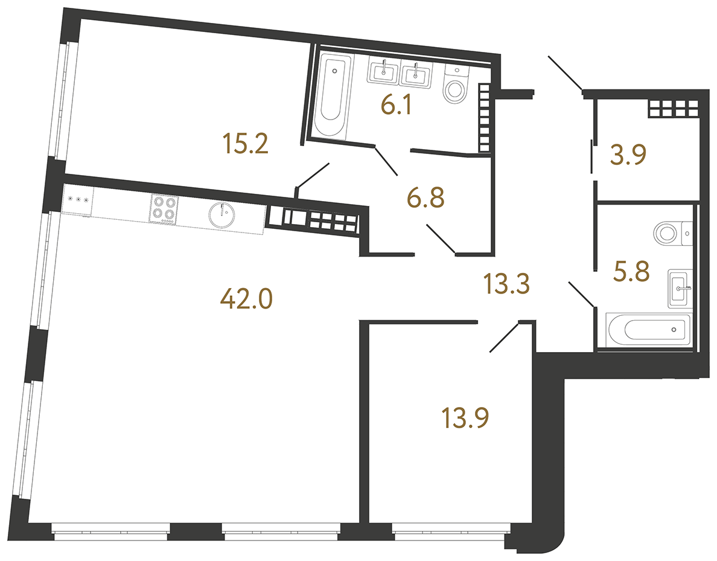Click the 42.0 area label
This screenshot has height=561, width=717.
[247, 298]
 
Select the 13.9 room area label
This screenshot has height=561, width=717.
[465, 417]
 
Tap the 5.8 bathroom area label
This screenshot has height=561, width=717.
[631, 271]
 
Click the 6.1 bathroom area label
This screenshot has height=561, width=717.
[396, 107]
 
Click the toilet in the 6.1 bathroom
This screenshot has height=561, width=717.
[456, 85]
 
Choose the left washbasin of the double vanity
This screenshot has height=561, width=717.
[383, 74]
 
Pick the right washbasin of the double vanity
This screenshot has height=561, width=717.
[416, 75]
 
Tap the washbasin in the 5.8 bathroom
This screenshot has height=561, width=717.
[680, 289]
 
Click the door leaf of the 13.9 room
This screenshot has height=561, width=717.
[503, 337]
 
